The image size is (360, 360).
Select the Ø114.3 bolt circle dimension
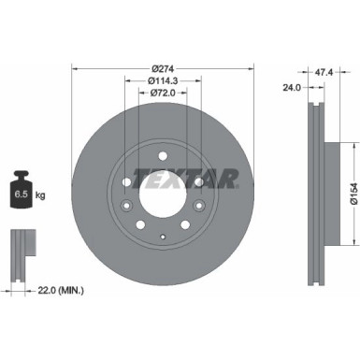pyautogui.click(x=163, y=80)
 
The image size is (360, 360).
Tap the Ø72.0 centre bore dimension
pyautogui.click(x=163, y=94)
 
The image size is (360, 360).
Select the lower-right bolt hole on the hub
pyautogui.click(x=185, y=223)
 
